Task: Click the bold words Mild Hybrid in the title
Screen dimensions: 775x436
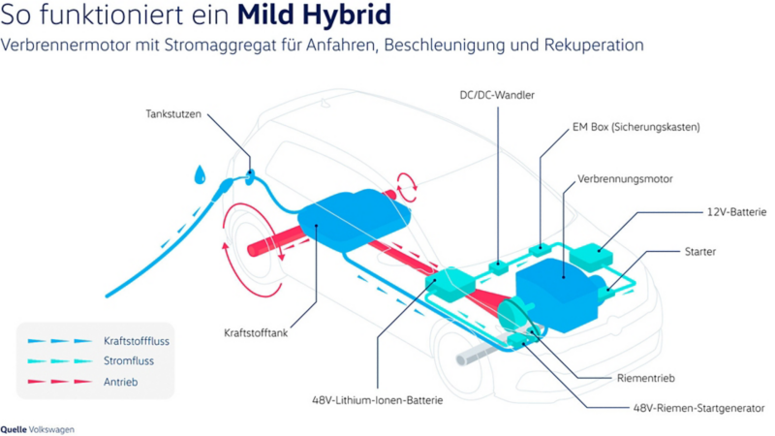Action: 314,15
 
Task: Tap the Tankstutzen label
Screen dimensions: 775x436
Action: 173,114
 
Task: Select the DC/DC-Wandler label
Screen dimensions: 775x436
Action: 497,95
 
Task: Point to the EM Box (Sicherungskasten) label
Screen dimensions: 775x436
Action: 636,127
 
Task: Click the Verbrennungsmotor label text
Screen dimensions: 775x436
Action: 625,179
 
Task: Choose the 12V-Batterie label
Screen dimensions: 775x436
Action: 736,212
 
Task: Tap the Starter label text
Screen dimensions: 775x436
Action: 699,252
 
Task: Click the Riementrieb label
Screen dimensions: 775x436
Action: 645,378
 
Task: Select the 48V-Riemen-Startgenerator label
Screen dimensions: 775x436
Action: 698,408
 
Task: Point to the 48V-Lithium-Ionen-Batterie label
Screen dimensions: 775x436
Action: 377,400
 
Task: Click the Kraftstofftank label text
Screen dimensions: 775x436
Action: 256,332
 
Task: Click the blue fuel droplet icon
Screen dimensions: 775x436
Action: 200,174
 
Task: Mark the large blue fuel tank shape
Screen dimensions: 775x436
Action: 354,219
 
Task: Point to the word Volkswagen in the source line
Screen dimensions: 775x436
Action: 51,429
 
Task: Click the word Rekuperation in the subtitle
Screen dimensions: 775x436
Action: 594,45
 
